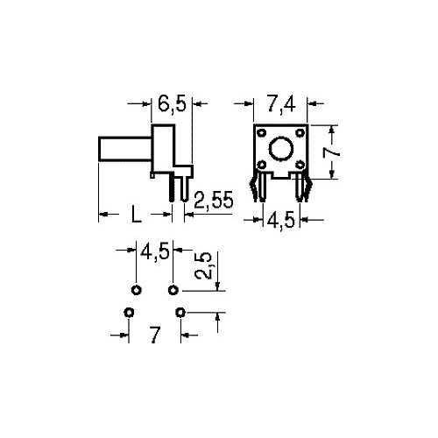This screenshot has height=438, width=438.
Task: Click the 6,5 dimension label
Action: [x=172, y=103]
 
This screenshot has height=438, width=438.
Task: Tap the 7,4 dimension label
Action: [x=281, y=103]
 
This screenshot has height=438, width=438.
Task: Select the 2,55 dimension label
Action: [x=214, y=200]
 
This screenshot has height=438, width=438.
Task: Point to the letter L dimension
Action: [x=136, y=214]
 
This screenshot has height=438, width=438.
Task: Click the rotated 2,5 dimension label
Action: [x=203, y=265]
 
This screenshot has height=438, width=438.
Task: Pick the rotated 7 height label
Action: [x=331, y=152]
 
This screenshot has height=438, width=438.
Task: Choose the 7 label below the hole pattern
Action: [x=155, y=335]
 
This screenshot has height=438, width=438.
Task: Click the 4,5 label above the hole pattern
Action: [x=155, y=251]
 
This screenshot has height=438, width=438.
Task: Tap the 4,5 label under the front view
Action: [x=281, y=220]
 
